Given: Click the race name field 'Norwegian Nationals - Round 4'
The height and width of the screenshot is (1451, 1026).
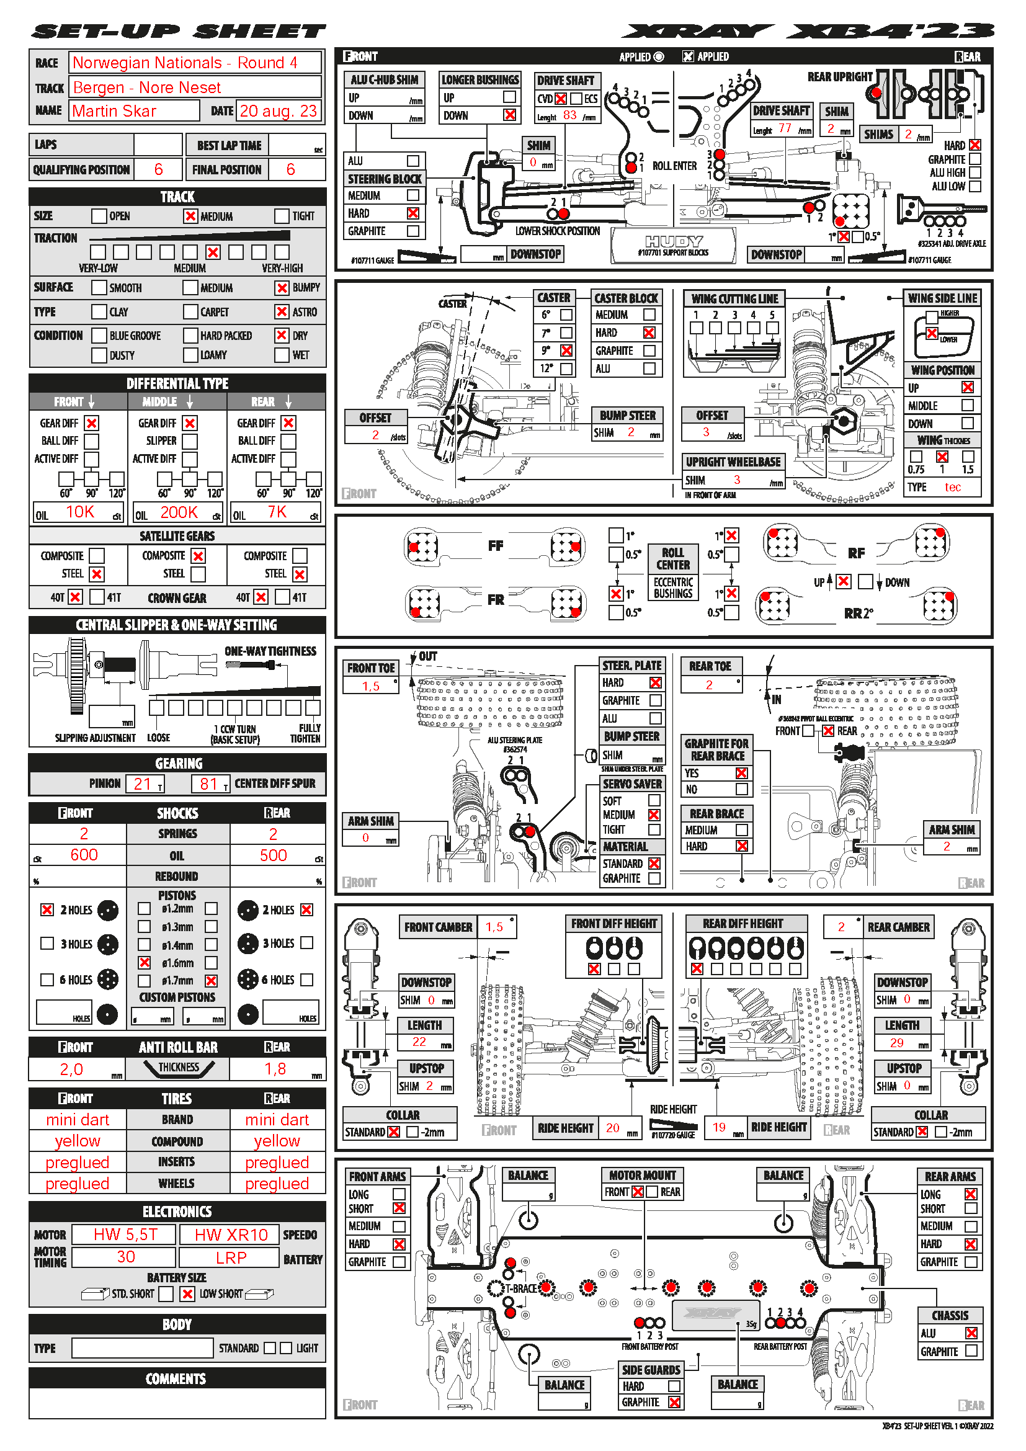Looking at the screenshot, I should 184,63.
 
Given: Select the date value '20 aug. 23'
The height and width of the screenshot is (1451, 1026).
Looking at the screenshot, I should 278,111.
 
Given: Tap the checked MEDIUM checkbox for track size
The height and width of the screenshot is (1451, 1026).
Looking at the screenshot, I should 190,216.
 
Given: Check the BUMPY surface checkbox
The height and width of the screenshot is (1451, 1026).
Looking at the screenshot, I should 282,288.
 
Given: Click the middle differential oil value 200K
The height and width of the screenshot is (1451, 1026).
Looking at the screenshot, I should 179,512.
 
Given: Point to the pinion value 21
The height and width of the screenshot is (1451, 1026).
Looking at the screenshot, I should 142,784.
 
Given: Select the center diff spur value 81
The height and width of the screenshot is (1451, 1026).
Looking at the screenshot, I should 208,784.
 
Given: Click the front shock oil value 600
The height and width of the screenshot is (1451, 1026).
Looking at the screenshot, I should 84,855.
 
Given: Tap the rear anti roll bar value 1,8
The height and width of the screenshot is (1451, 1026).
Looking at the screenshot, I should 275,1069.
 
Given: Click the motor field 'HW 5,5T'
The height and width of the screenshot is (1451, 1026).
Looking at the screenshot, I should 125,1234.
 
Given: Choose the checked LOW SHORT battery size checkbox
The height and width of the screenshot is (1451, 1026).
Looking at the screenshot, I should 187,1293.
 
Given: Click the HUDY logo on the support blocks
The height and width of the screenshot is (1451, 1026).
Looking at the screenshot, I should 674,241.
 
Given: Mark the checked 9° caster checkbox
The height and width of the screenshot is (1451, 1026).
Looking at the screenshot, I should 567,350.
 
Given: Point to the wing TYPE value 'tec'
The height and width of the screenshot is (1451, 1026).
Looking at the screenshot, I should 953,487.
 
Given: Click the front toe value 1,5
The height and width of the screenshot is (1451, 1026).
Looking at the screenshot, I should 371,686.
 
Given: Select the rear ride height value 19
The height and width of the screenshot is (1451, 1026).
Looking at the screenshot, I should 719,1127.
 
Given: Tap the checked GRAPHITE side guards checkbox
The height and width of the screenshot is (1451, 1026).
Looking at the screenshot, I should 674,1403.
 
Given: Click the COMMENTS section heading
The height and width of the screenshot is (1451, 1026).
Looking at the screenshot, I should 176,1379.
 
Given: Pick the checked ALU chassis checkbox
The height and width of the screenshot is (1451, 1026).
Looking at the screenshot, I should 971,1333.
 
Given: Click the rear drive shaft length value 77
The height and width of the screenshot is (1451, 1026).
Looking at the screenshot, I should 785,128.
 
